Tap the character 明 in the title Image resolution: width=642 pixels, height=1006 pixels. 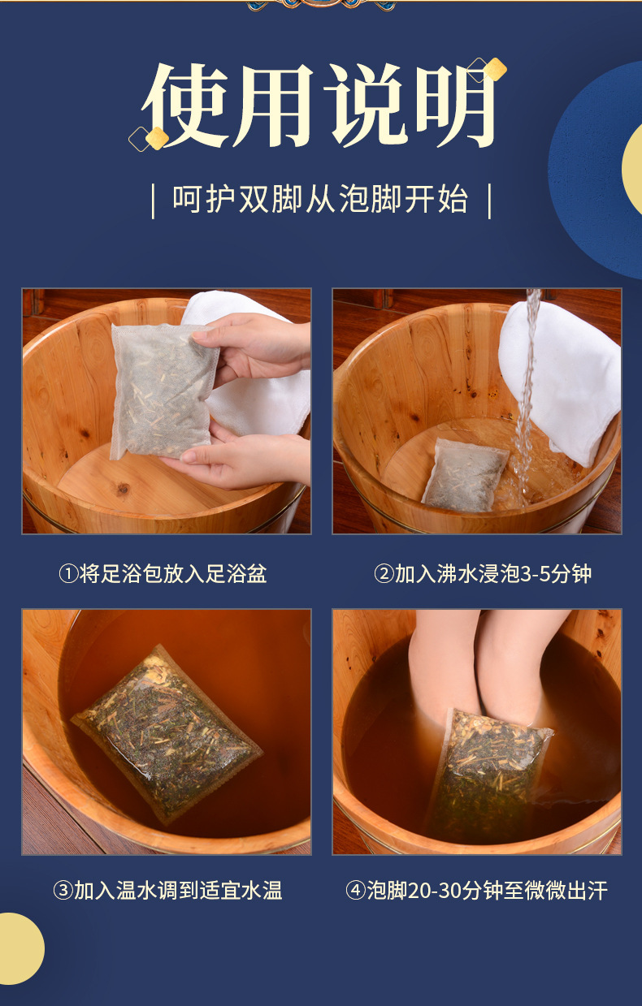(454, 106)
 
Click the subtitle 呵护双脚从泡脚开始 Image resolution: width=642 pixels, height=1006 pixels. (320, 199)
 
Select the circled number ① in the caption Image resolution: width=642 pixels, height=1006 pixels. (69, 574)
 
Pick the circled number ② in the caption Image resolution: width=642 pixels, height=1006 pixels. (384, 574)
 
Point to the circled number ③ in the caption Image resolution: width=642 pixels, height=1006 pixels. (63, 891)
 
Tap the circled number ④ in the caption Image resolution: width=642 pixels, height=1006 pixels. (355, 891)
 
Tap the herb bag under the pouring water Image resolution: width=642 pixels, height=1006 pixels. (466, 476)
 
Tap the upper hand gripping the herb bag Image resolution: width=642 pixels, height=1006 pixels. (252, 346)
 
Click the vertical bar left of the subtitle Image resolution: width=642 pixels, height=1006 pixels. (154, 201)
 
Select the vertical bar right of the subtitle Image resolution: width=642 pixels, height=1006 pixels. (489, 201)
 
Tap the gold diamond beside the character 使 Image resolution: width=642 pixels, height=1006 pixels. (157, 138)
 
